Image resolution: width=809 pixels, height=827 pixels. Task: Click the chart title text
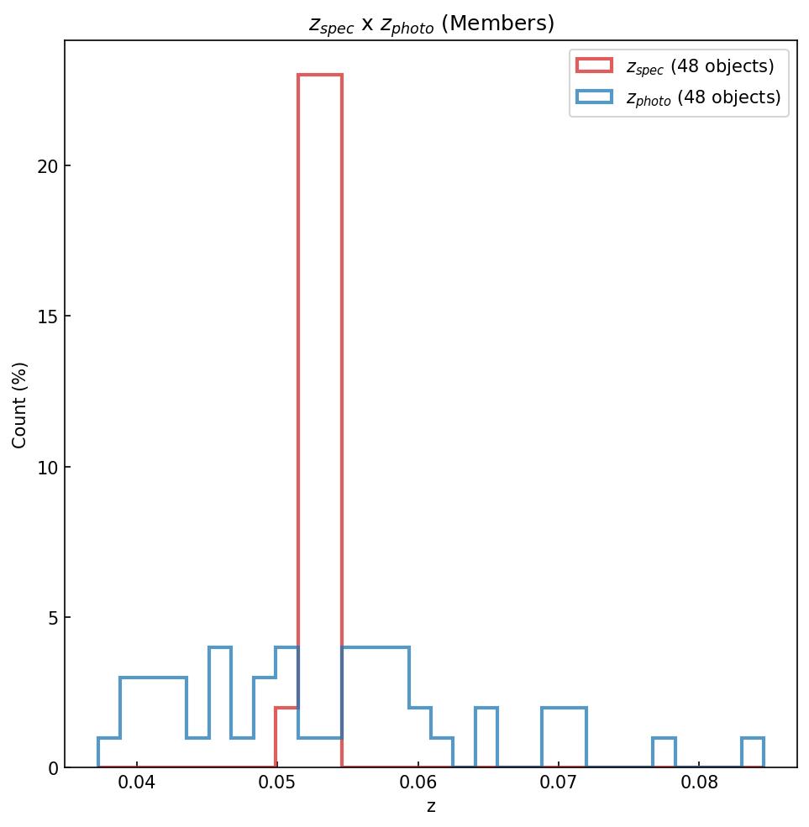[431, 24]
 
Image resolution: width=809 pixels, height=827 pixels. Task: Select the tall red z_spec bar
[319, 420]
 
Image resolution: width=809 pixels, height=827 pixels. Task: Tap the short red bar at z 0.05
[286, 738]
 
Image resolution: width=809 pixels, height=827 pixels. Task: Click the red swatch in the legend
[594, 65]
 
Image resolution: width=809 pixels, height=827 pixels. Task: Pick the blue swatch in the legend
[594, 97]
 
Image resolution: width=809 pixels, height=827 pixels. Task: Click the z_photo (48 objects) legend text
[703, 97]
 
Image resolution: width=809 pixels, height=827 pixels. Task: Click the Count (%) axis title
[20, 405]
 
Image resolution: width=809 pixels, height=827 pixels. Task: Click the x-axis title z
[431, 808]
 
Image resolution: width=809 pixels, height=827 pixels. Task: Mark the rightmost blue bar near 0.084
[752, 753]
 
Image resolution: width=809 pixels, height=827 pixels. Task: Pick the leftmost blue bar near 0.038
[109, 753]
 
